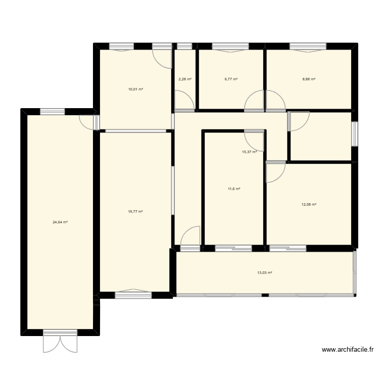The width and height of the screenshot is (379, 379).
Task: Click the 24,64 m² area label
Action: pos(60,222)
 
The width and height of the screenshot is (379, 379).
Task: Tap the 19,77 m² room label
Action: pos(135,212)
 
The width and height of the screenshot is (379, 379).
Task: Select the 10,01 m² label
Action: pos(135,89)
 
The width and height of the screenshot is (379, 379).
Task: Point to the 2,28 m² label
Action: pos(185,79)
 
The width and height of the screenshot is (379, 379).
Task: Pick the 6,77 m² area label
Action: pos(231,79)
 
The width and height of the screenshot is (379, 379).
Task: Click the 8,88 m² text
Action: pos(309,79)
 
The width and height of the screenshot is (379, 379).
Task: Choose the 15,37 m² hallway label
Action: pos(249,152)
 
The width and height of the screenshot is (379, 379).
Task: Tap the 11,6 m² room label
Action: pos(234,189)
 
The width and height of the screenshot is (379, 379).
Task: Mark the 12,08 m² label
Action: pos(309,205)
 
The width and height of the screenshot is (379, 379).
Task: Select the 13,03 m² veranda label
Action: pos(265,273)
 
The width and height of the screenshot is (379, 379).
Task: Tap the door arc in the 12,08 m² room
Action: pos(276,173)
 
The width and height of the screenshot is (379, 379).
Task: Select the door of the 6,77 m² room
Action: pos(254,101)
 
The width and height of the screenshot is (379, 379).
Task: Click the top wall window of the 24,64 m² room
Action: pos(53,112)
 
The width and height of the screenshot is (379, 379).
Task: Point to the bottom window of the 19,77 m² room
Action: pos(132,294)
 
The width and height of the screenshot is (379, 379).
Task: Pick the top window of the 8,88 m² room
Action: pos(307,47)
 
